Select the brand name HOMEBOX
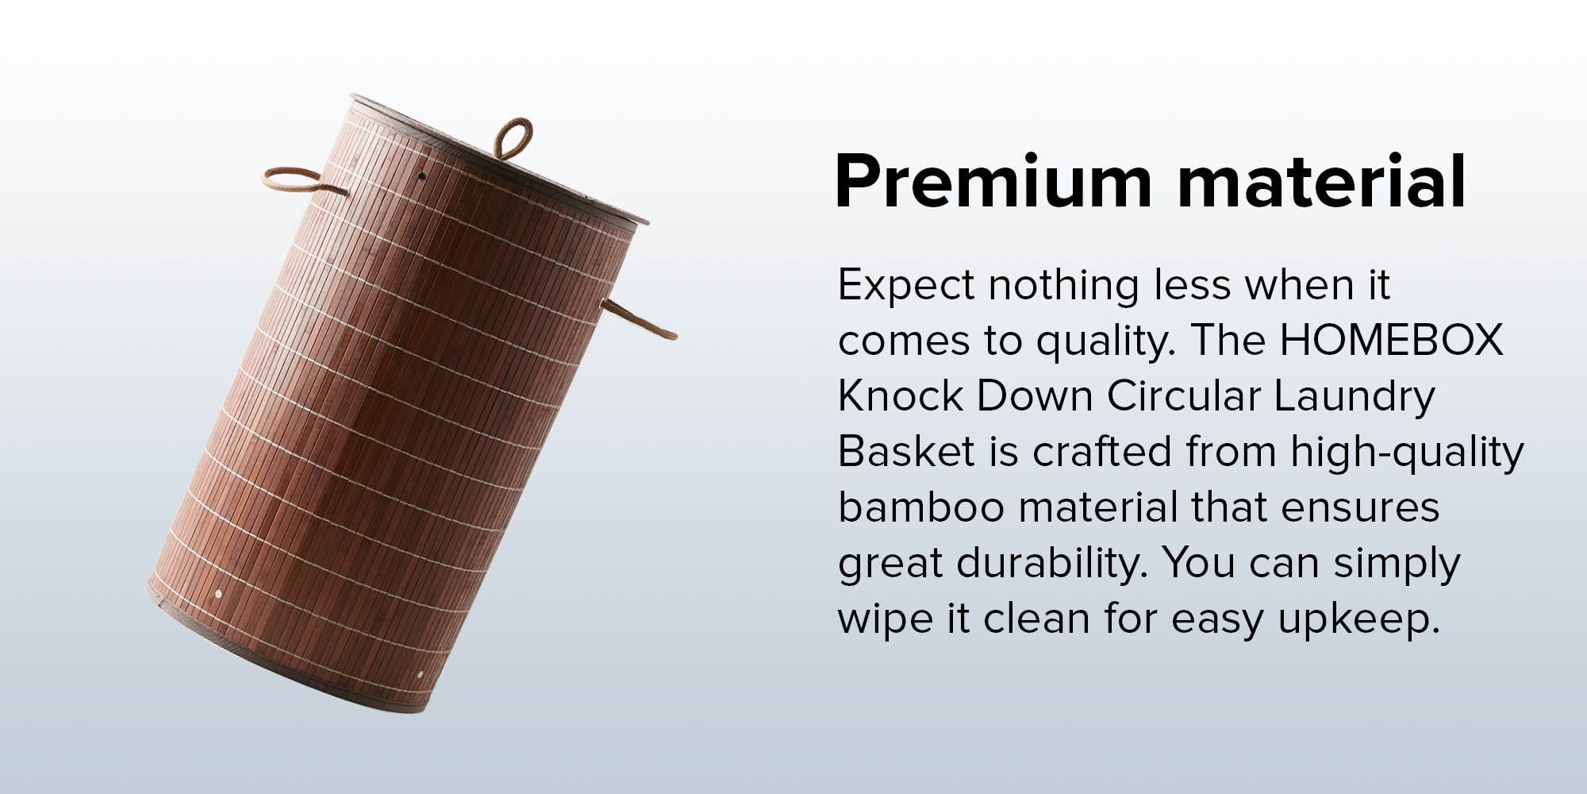point(1392,340)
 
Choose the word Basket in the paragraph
point(906,451)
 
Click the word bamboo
point(921,507)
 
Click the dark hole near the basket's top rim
point(422,175)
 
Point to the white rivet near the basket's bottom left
point(218,593)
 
